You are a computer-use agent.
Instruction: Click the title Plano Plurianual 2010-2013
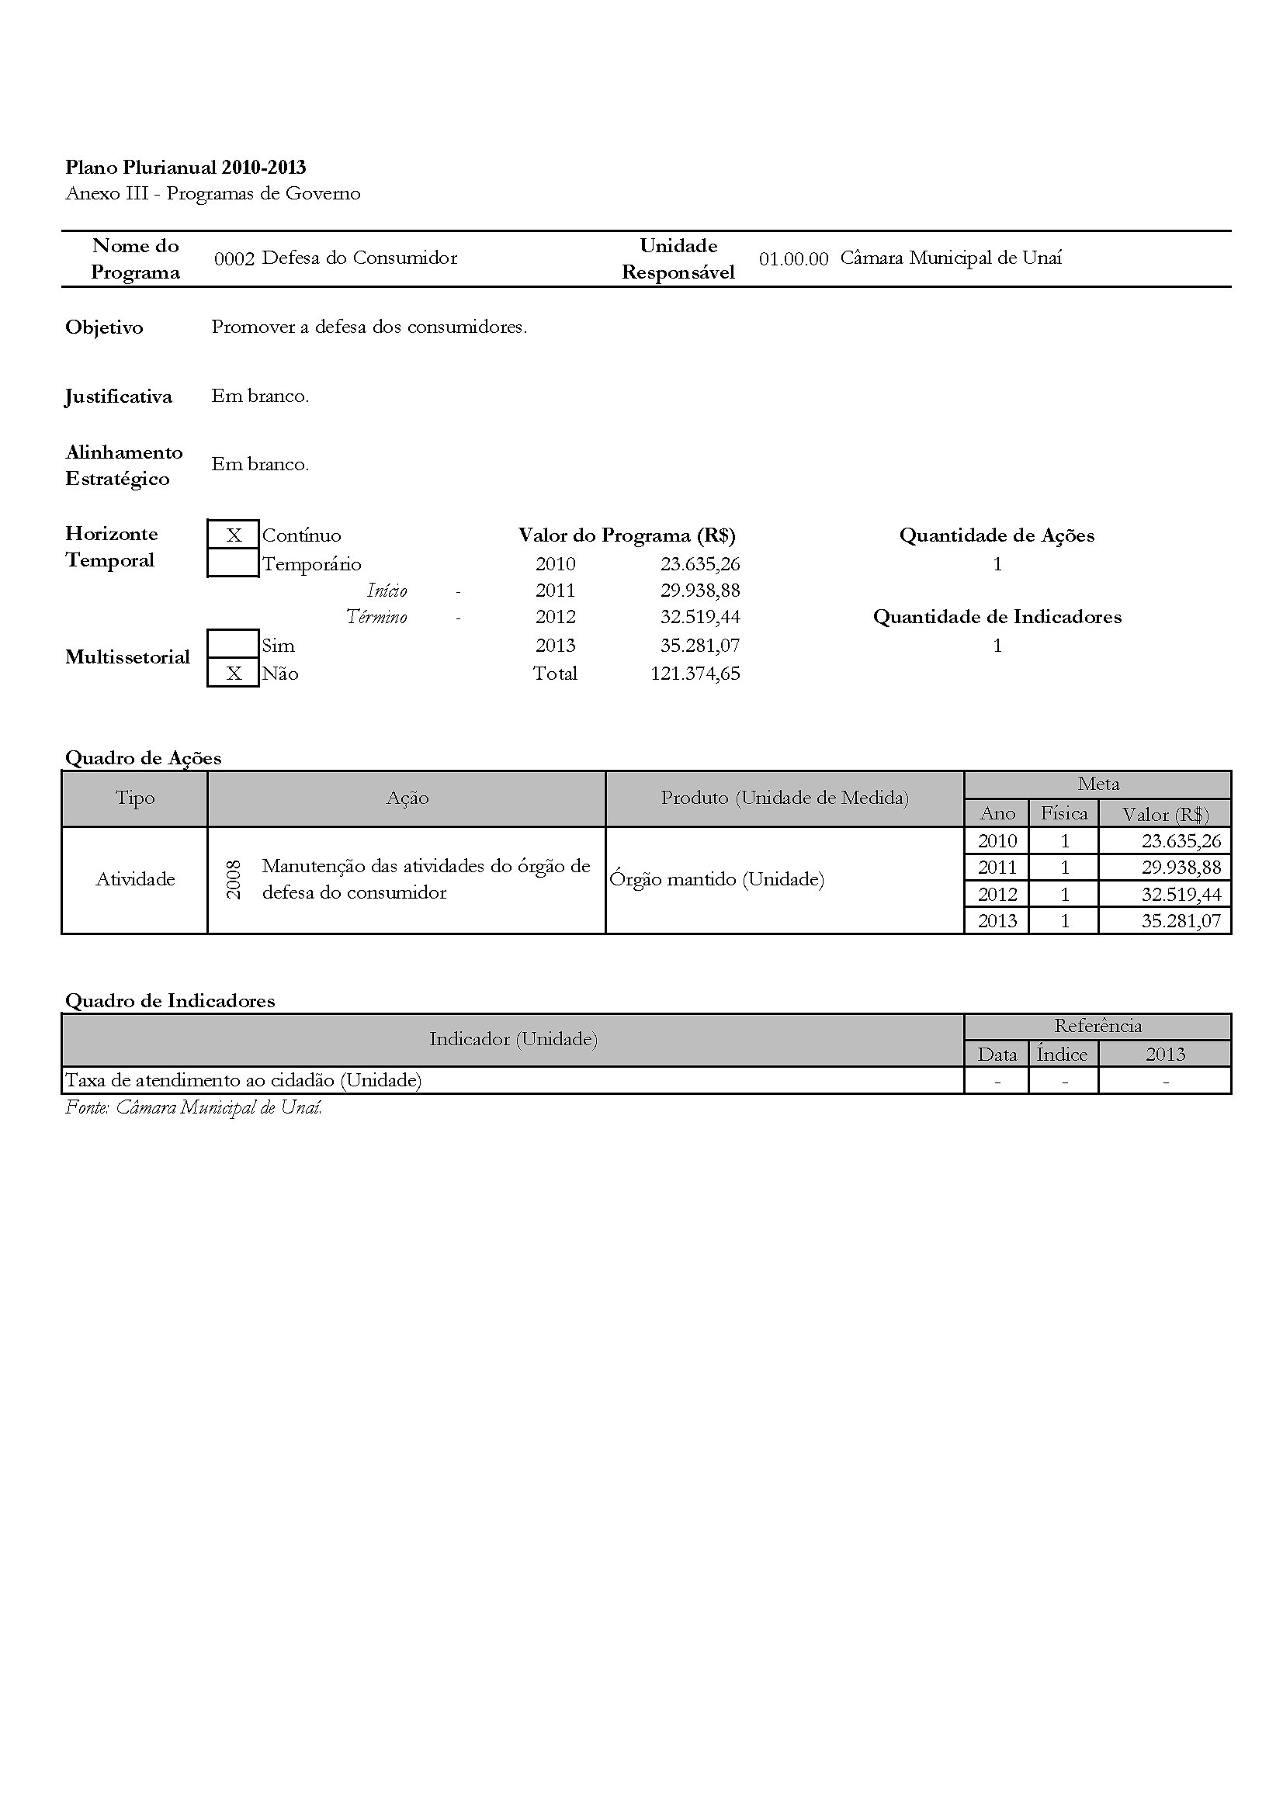click(x=185, y=168)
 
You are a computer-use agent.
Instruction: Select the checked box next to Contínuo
click(x=233, y=535)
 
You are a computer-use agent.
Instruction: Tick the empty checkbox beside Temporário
click(x=233, y=563)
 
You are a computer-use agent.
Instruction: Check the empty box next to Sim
click(x=233, y=644)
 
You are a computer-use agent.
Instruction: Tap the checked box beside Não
click(x=233, y=674)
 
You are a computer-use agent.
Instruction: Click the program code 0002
click(x=234, y=258)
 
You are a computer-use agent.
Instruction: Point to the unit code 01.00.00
click(x=793, y=258)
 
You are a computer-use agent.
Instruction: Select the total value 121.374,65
click(x=695, y=674)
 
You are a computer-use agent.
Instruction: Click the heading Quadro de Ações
click(x=143, y=758)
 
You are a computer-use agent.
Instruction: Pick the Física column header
click(x=1063, y=813)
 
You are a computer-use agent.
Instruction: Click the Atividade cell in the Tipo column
click(x=135, y=879)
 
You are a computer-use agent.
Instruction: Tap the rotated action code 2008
click(x=234, y=879)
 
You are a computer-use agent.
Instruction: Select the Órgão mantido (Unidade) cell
click(x=717, y=879)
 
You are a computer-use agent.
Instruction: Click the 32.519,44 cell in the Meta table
click(x=1181, y=894)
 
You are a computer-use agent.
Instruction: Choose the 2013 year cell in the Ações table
click(x=997, y=921)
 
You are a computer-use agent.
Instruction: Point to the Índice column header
click(x=1063, y=1055)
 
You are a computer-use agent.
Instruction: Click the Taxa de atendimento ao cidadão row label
click(x=243, y=1080)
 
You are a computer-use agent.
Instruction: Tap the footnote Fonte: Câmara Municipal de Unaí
click(x=194, y=1107)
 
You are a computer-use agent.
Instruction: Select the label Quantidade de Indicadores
click(x=997, y=617)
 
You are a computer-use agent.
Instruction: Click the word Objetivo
click(x=104, y=327)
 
